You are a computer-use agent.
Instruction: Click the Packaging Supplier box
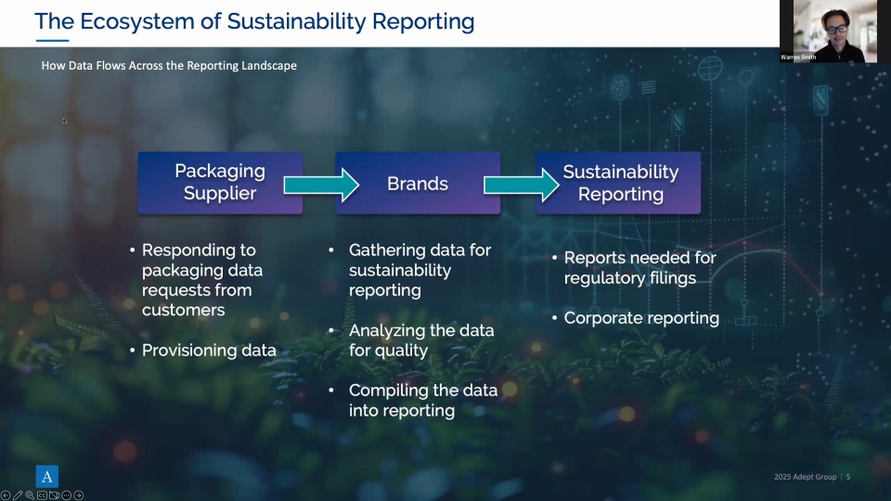220,183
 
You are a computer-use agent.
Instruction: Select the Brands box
418,183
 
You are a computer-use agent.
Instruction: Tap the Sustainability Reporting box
618,183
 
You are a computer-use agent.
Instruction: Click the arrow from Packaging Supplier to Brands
321,185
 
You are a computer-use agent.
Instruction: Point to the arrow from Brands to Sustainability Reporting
521,185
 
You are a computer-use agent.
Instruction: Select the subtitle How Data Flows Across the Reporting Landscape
169,65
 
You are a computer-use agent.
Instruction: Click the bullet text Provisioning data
209,350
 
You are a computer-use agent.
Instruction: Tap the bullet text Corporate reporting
641,318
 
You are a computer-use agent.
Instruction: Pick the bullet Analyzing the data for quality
421,340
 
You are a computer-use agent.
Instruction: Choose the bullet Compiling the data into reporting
423,401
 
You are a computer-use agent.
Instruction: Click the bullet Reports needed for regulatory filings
639,267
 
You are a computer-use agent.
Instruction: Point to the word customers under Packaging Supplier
183,310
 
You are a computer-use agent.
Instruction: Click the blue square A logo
47,477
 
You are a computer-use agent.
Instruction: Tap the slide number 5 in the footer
848,477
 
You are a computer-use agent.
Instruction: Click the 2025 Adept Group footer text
806,477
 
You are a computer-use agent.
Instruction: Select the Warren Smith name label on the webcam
798,57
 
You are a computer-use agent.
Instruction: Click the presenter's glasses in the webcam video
837,29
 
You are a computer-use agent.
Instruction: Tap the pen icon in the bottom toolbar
18,495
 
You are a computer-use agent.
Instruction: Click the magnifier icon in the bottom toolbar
30,495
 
